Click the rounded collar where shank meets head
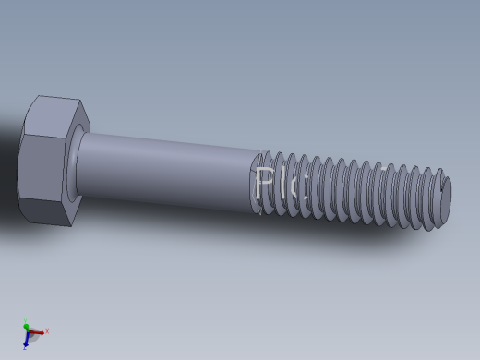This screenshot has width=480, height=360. [75, 164]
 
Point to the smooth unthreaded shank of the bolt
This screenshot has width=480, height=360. [166, 170]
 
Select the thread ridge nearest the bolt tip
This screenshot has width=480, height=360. [436, 196]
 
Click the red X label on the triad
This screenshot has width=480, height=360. [46, 330]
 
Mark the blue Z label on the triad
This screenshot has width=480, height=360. [24, 348]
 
